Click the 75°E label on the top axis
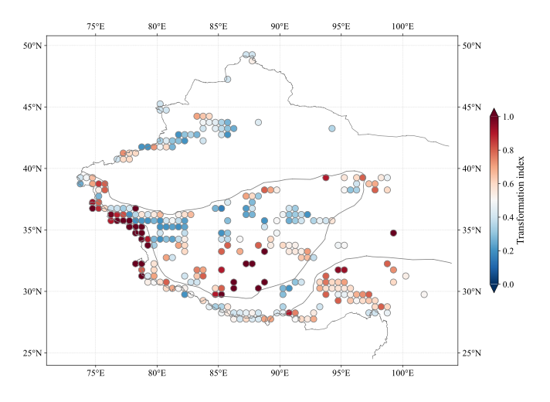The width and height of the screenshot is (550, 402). [x=96, y=26]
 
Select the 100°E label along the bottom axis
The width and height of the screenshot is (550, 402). [x=402, y=373]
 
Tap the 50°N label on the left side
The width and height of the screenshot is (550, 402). [x=32, y=46]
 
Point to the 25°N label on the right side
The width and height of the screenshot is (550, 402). [x=472, y=353]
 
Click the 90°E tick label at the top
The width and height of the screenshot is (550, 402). [x=280, y=26]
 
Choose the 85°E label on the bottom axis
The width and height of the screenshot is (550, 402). [x=218, y=373]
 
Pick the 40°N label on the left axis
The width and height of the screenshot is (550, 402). [x=32, y=169]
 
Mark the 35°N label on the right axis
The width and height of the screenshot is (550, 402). [x=472, y=230]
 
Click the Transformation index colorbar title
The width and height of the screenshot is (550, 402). [x=521, y=200]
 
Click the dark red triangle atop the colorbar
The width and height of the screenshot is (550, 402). [x=494, y=113]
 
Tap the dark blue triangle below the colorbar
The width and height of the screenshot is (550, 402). [x=494, y=288]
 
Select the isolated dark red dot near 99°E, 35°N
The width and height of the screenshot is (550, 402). [x=393, y=233]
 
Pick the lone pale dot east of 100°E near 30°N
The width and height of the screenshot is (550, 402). [x=424, y=295]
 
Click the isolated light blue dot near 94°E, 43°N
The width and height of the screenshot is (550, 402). [x=332, y=128]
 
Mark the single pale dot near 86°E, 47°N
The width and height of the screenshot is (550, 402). [x=227, y=80]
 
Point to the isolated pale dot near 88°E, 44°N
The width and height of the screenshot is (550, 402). [x=258, y=122]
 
